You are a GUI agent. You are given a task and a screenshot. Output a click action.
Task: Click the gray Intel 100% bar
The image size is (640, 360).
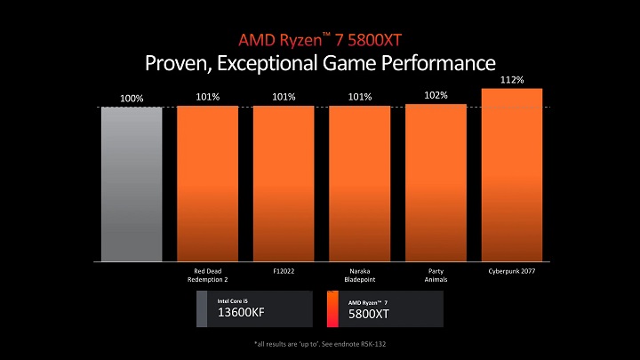(x=132, y=184)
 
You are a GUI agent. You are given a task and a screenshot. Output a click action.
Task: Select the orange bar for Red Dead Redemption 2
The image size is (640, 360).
(x=207, y=184)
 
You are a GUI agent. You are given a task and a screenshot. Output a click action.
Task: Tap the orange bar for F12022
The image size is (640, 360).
(x=284, y=184)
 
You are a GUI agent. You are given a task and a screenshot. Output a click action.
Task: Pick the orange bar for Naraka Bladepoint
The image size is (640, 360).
(x=359, y=184)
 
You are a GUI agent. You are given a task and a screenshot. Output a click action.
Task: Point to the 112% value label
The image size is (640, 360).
(x=512, y=79)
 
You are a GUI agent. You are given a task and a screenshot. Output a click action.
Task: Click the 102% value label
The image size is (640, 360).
(x=436, y=95)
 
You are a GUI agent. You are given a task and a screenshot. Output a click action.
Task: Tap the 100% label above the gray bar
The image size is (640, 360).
(x=132, y=99)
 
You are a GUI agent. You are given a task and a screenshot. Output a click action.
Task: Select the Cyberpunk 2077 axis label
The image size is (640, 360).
(x=512, y=270)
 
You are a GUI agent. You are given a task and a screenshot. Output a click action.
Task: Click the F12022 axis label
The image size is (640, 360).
(x=284, y=270)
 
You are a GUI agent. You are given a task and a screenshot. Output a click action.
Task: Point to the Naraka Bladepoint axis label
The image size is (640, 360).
(x=359, y=275)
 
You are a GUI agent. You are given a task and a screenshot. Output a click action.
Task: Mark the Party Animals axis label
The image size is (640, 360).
(x=436, y=275)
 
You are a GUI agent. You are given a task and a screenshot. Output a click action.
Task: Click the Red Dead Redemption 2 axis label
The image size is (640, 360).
(x=207, y=275)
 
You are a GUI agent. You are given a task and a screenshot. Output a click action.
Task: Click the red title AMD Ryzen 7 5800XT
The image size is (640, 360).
(x=320, y=40)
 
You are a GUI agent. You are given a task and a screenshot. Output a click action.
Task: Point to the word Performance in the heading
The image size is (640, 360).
(x=433, y=63)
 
